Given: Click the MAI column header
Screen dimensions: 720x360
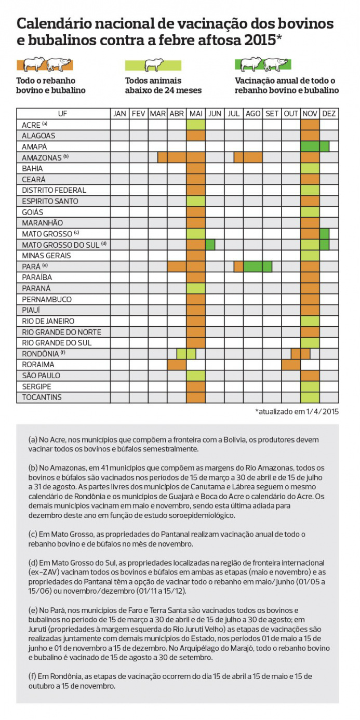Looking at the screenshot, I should tap(196, 114).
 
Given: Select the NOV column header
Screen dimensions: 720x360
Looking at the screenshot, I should tap(310, 114).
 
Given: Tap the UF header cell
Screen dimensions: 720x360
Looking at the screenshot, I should tap(63, 114).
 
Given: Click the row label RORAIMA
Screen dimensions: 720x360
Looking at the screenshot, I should tap(38, 365).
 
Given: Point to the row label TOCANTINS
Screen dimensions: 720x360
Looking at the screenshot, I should tap(42, 397).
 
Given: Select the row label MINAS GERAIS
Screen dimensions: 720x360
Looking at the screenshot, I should tap(47, 256).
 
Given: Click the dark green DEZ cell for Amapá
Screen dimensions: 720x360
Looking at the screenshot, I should tap(324, 146).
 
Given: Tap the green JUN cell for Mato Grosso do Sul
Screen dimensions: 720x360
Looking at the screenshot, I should tap(210, 245).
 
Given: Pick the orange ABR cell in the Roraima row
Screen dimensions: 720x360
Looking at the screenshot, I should tap(177, 365).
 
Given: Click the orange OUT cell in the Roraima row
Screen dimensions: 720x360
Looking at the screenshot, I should tap(291, 365).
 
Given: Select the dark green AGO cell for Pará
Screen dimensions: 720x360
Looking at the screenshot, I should tap(253, 266).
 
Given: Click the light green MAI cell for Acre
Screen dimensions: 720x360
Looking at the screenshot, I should tap(196, 125).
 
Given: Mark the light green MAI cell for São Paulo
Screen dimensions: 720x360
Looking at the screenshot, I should tap(196, 376).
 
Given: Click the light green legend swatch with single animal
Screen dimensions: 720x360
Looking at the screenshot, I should tap(153, 65).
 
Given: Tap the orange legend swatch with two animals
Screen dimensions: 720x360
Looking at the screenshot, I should tap(45, 65).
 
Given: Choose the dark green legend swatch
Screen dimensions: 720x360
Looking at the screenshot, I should tap(263, 65).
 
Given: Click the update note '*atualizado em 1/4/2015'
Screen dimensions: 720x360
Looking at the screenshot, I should tap(297, 411).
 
